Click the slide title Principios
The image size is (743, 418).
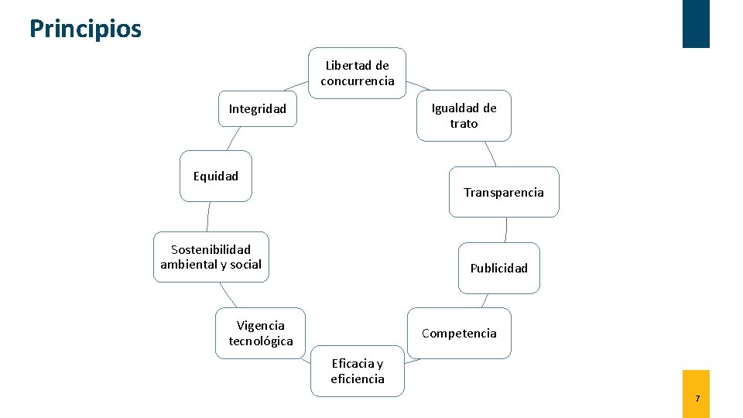click(x=85, y=29)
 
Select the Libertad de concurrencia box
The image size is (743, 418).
click(x=357, y=73)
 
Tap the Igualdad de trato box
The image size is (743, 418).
click(x=464, y=115)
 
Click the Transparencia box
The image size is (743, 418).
click(x=504, y=192)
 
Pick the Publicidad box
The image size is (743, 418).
click(x=498, y=268)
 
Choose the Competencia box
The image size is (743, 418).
click(x=459, y=333)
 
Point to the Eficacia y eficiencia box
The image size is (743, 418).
click(x=357, y=371)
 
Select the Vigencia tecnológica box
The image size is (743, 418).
click(x=261, y=333)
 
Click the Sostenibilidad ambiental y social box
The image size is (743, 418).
click(x=211, y=257)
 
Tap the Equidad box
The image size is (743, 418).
click(x=216, y=176)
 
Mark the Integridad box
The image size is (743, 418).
click(x=257, y=108)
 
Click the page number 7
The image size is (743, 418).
click(x=697, y=399)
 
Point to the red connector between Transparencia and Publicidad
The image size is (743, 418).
click(x=505, y=230)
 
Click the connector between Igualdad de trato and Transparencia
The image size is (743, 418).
click(x=490, y=153)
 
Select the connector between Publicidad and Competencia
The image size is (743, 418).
click(x=484, y=300)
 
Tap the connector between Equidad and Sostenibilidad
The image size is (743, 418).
click(x=208, y=217)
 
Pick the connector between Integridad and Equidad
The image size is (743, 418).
click(x=233, y=139)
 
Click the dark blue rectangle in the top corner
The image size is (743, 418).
click(x=696, y=23)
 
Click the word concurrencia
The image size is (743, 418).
click(x=357, y=81)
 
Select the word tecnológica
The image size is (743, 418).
click(x=261, y=341)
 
